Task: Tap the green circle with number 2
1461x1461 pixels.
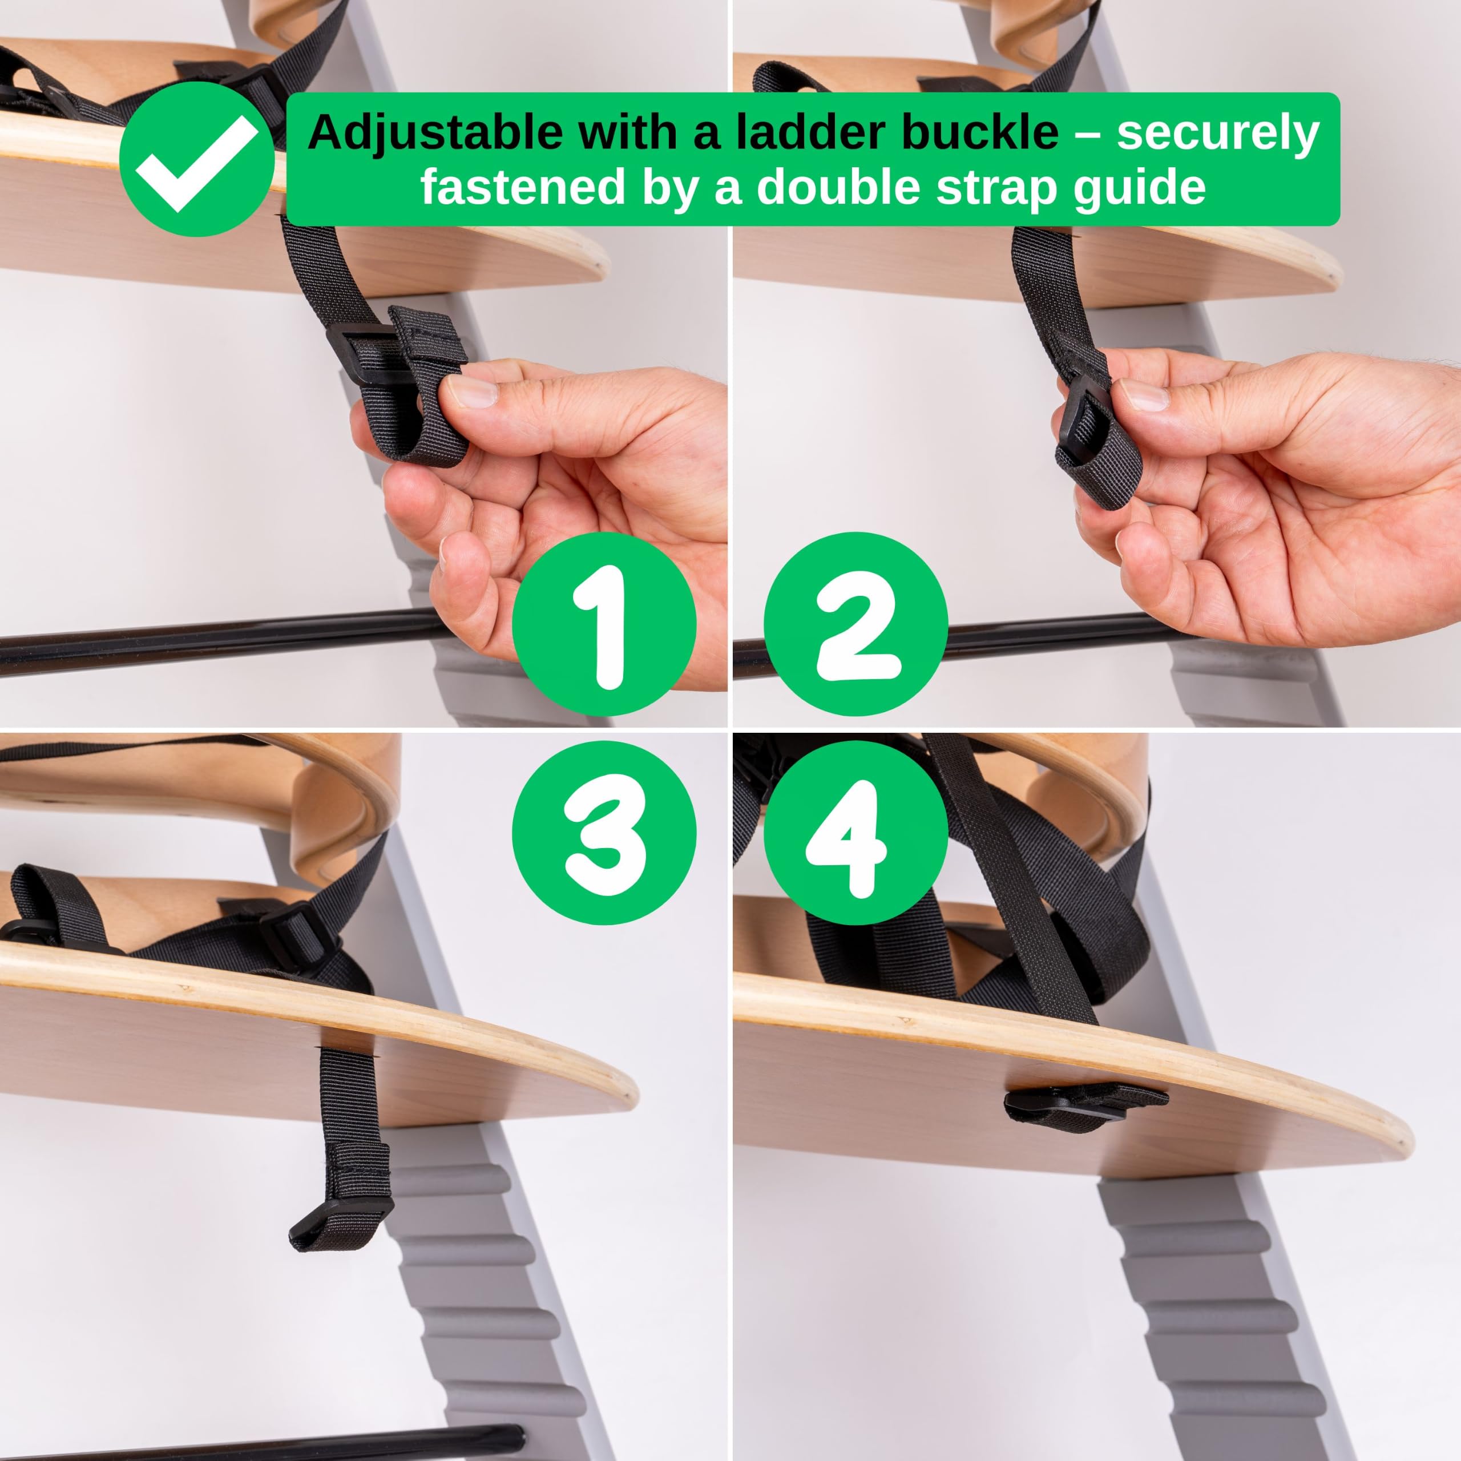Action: coord(855,624)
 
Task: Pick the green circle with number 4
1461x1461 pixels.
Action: coord(855,833)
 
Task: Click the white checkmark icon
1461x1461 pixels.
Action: coord(197,163)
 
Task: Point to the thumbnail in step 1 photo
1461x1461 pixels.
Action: coord(470,393)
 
